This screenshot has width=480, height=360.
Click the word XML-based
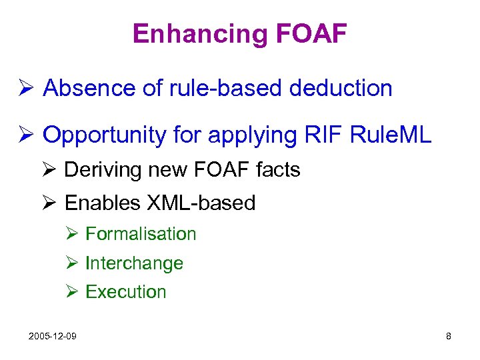(x=199, y=203)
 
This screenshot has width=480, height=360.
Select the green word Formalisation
(x=141, y=234)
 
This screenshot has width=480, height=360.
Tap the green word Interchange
(x=134, y=263)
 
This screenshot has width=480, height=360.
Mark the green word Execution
(x=126, y=292)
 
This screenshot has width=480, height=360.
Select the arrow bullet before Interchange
(x=73, y=263)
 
